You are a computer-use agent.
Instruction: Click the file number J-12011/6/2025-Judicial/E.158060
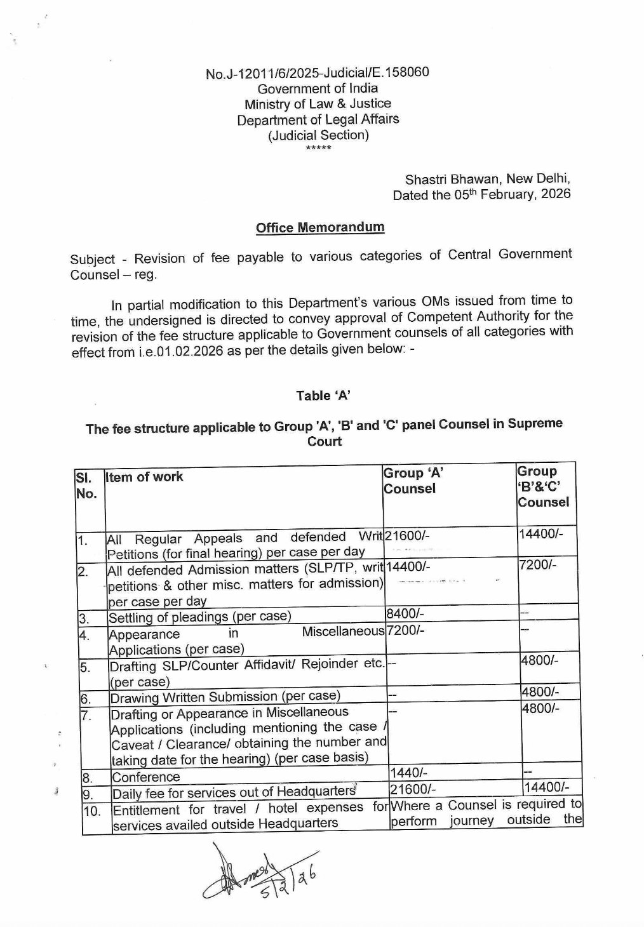pos(317,73)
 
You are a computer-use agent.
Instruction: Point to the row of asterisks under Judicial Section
pos(318,149)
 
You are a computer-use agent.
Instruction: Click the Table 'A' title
pos(323,396)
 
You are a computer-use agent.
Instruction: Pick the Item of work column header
pos(145,477)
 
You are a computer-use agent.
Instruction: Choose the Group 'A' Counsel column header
pos(413,481)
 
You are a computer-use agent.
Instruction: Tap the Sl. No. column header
pos(86,485)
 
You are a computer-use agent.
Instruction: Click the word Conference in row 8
pos(145,777)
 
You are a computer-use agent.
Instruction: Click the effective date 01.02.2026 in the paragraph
pos(187,351)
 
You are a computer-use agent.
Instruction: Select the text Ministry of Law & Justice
pos(318,103)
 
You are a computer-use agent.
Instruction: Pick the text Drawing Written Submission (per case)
pos(225,697)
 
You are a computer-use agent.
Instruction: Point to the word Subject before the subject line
pos(93,259)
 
